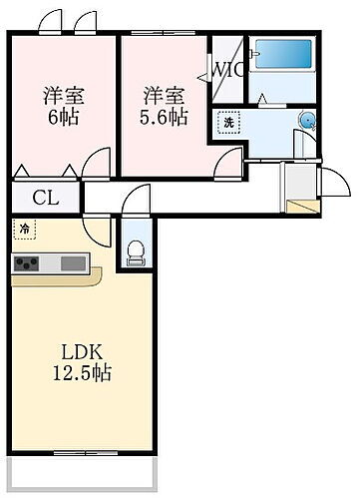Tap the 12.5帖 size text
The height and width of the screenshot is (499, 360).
[82, 374]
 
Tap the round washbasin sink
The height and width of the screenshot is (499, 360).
[307, 121]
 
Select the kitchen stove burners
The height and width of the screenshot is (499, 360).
[27, 263]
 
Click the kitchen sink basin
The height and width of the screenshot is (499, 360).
[74, 263]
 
